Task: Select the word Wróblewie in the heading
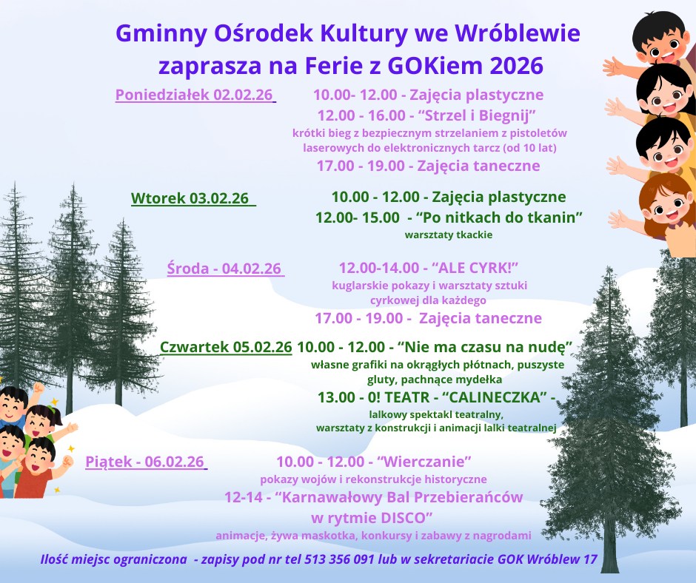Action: pyautogui.click(x=518, y=33)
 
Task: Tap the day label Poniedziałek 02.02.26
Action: pyautogui.click(x=194, y=95)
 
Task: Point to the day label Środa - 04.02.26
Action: pyautogui.click(x=224, y=269)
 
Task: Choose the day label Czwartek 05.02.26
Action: pyautogui.click(x=226, y=347)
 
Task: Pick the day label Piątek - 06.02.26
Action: pyautogui.click(x=144, y=462)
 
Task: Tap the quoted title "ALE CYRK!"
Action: pyautogui.click(x=475, y=268)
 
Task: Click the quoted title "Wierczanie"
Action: pyautogui.click(x=424, y=462)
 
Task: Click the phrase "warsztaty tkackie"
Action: pyautogui.click(x=448, y=235)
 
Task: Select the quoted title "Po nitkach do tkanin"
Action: pyautogui.click(x=499, y=218)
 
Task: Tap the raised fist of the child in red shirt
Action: pyautogui.click(x=67, y=462)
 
